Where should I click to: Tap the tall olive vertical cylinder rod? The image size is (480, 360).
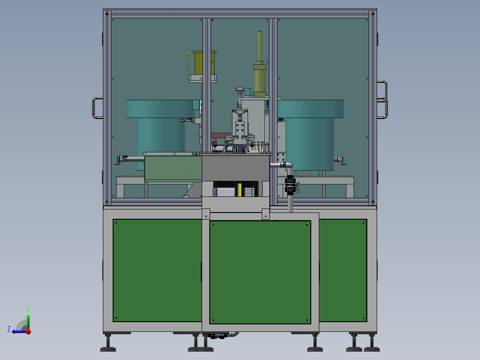(x=260, y=47)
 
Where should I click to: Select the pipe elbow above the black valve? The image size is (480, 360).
(x=289, y=166)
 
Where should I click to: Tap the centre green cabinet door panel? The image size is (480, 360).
(x=260, y=272)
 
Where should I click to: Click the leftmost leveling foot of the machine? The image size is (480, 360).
(x=108, y=344)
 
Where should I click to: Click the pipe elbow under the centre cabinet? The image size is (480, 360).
(x=234, y=334)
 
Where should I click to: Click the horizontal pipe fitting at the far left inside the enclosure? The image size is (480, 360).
(x=122, y=159)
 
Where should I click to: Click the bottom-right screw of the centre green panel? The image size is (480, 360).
(x=307, y=319)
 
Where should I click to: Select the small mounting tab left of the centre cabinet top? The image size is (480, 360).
(x=206, y=214)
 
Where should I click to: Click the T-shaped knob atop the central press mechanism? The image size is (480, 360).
(x=240, y=90)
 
